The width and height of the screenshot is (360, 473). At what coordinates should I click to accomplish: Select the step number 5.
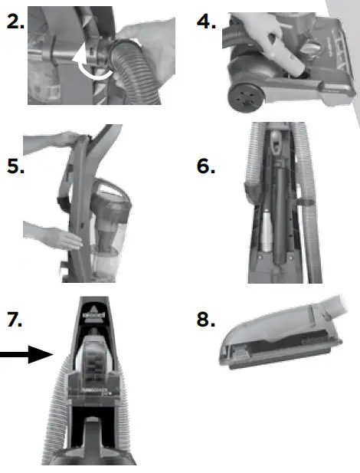pos(15,166)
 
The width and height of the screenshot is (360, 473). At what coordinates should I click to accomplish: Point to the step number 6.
pos(205,166)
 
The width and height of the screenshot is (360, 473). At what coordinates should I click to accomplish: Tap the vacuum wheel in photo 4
pos(243,95)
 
